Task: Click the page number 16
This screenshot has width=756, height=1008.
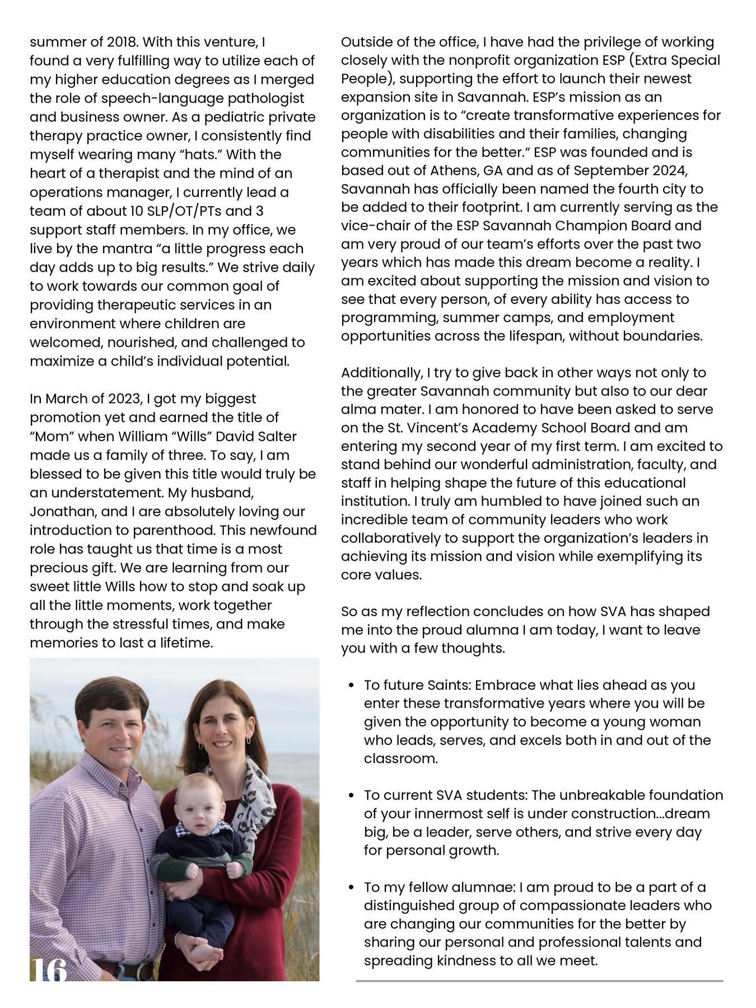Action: tap(48, 970)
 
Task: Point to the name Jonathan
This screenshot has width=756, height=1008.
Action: tap(56, 511)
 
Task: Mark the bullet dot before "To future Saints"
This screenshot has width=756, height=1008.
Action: tap(351, 685)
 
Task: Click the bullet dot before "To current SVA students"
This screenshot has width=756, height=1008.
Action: tap(351, 795)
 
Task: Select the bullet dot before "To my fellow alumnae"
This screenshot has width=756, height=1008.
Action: tap(351, 888)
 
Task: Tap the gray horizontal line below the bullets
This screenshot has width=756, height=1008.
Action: tap(539, 981)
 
